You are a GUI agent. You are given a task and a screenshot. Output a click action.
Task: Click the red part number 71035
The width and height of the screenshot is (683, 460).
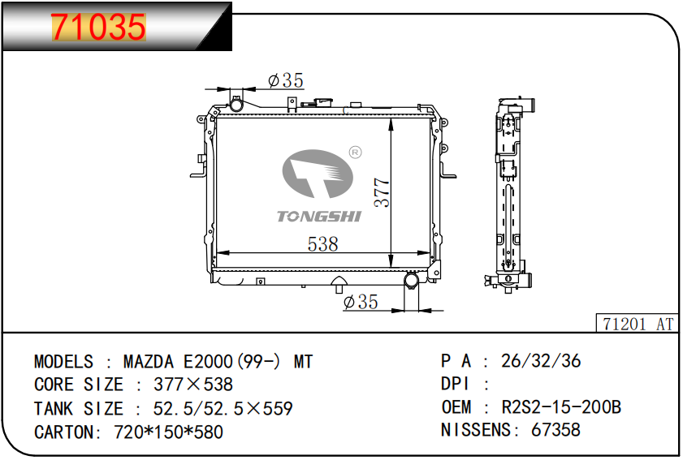click(x=98, y=27)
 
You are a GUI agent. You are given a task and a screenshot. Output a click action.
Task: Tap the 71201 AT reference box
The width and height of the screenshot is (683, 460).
click(x=638, y=324)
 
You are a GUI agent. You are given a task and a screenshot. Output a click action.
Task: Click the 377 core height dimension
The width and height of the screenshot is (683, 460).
click(x=382, y=192)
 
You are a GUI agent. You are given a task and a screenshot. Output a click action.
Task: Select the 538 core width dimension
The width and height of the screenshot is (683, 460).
click(x=322, y=244)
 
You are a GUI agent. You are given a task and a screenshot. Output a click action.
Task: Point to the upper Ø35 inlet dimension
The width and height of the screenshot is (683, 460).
click(x=286, y=80)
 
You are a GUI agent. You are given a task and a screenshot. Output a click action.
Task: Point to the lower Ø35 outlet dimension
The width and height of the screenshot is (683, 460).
click(x=361, y=302)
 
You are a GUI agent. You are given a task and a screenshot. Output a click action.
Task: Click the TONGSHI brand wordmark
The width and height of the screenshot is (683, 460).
click(x=319, y=217)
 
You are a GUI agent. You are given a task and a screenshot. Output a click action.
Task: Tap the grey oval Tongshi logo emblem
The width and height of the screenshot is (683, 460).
click(x=318, y=173)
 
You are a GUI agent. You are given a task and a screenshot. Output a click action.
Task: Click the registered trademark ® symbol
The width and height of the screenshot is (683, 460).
click(x=356, y=153)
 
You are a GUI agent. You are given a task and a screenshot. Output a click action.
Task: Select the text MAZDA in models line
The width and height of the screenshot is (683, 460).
click(x=149, y=362)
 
